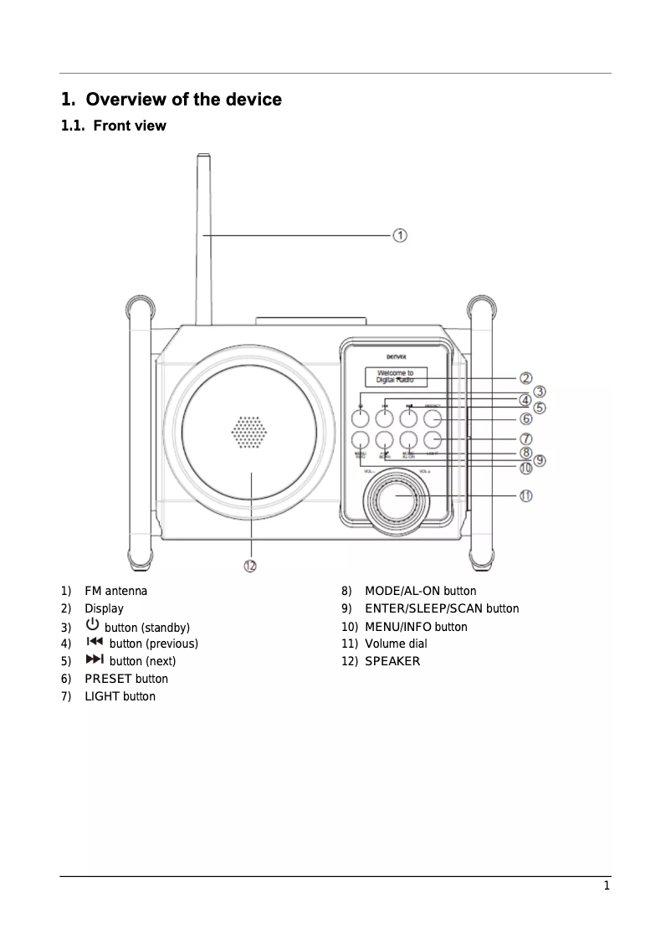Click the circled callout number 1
point(401,236)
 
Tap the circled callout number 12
point(250,567)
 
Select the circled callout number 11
point(525,495)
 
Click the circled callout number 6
point(526,418)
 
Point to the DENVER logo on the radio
point(396,356)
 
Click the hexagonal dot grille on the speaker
point(249,432)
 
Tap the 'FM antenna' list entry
point(115,591)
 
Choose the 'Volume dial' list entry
point(396,644)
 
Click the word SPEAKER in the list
point(392,661)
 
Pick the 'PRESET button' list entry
point(125,679)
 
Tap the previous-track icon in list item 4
point(95,643)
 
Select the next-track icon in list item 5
point(95,660)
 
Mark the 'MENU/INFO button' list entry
point(416,627)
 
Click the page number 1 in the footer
point(607,887)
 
